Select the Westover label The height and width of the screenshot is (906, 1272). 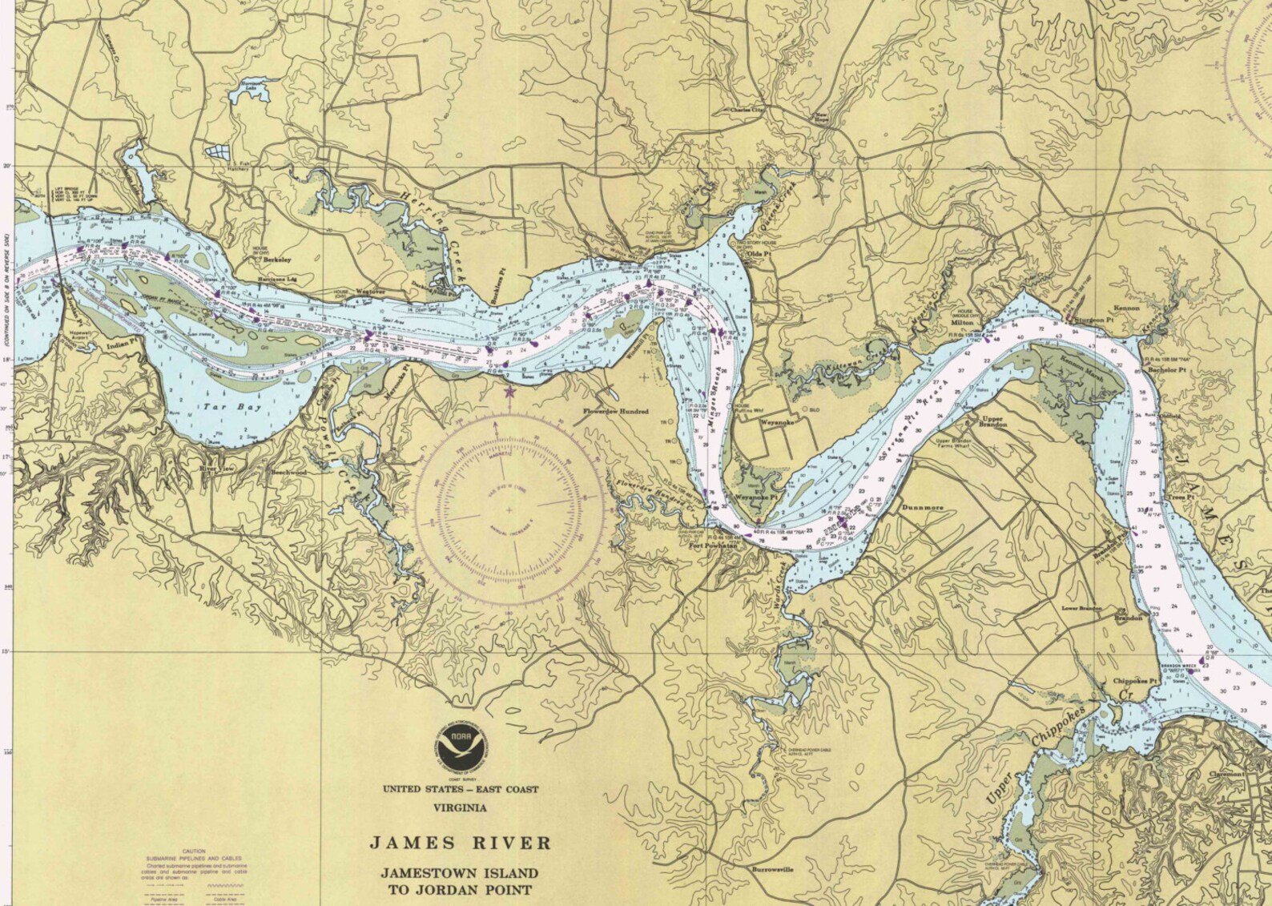coord(369,292)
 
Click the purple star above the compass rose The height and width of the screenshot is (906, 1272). coord(509,392)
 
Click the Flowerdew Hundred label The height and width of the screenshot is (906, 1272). coord(615,411)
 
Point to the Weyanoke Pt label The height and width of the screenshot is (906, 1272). coord(757,497)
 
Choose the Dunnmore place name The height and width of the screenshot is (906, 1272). coord(923,507)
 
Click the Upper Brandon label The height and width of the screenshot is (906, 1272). coord(992,421)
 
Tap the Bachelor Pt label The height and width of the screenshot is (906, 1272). coord(1166,370)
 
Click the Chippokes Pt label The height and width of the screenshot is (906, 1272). coord(1136,682)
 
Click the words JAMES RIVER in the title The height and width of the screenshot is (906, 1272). coord(460,843)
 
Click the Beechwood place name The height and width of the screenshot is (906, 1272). coord(288,473)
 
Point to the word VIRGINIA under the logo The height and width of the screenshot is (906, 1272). coord(460,807)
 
